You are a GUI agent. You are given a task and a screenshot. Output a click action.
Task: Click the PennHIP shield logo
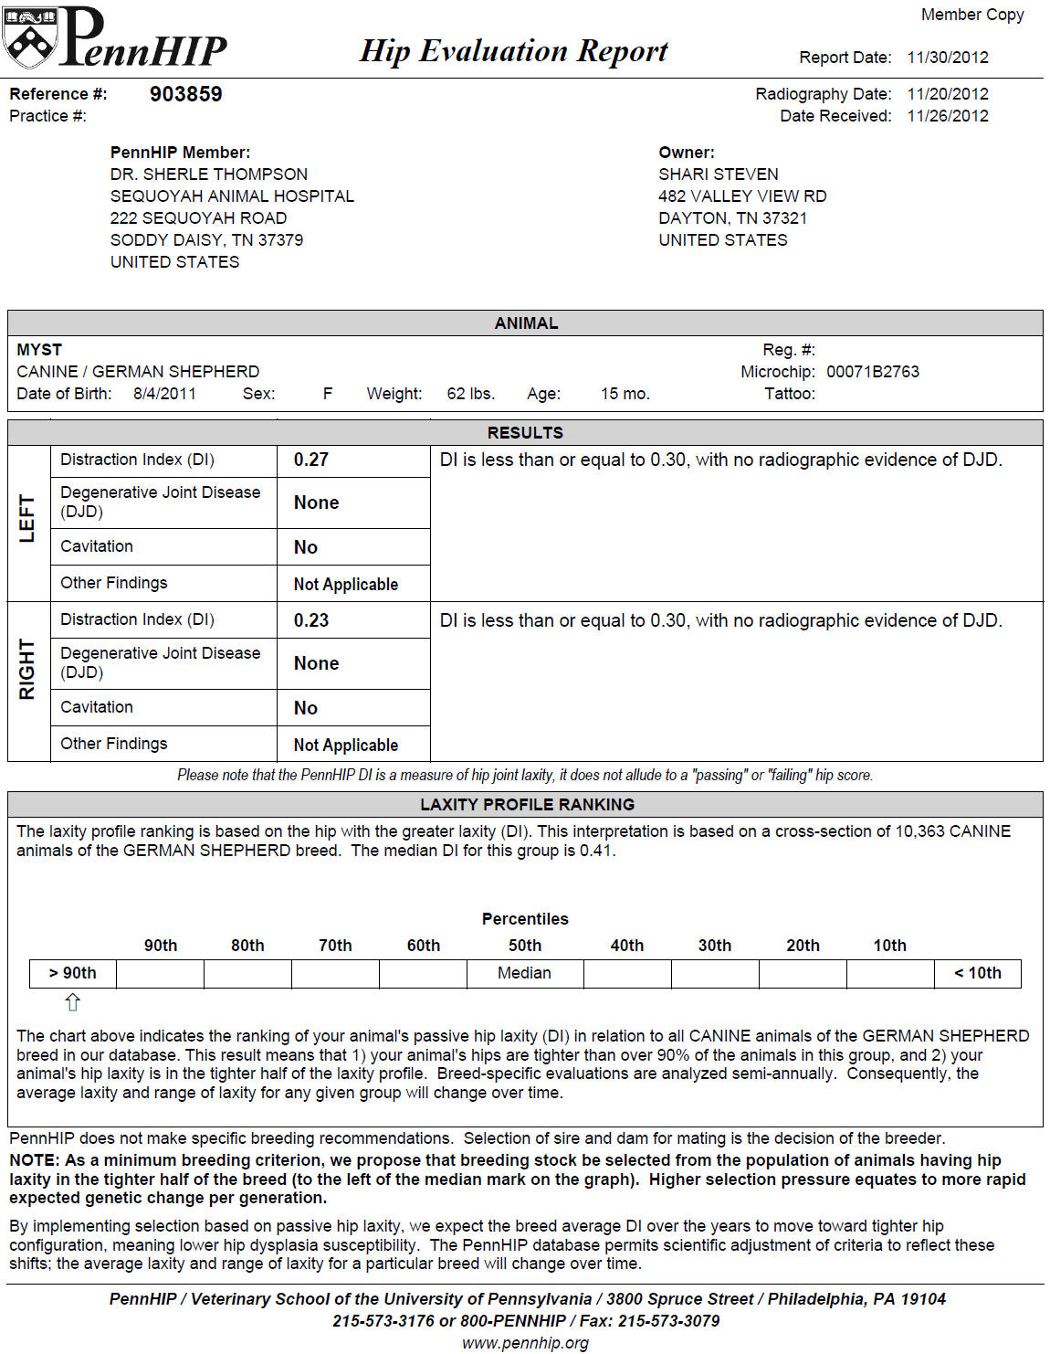pos(29,38)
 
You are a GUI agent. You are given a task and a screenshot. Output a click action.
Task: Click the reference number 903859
pos(185,94)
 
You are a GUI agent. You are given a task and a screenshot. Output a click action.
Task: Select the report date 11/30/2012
pos(947,58)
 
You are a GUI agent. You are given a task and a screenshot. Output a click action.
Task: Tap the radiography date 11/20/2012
pos(947,94)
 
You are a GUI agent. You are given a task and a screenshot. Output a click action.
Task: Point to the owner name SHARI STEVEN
pos(718,175)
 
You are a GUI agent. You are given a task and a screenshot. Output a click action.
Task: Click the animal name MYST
pos(39,350)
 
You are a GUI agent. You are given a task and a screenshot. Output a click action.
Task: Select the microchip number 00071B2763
pos(872,372)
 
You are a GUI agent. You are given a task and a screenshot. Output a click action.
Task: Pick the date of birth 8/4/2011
pos(164,394)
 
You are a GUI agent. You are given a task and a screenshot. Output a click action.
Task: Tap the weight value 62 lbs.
pos(470,394)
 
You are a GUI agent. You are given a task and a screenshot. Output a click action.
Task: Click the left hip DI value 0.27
pos(310,460)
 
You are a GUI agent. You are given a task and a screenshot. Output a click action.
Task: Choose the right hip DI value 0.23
pos(310,620)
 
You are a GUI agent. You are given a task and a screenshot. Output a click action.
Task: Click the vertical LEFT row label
pos(27,519)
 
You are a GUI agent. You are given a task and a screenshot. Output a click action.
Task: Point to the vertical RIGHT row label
pos(27,670)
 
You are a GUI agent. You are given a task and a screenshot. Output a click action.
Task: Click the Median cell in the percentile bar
pos(524,973)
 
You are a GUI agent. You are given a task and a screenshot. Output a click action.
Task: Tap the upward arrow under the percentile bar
pos(73,1002)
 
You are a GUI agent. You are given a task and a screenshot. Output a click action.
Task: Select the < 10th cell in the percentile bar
pos(977,973)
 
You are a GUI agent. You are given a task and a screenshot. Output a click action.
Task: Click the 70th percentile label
pos(335,946)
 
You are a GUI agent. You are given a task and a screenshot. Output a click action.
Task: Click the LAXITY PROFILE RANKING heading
pos(527,805)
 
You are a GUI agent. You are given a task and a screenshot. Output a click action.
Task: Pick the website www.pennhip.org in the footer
pos(525,1343)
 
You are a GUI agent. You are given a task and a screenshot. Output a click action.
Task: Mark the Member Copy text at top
pos(971,15)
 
